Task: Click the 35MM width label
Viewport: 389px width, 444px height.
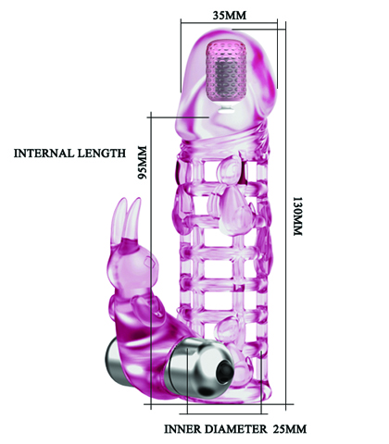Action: coord(230,15)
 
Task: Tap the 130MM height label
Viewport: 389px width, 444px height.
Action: coord(297,216)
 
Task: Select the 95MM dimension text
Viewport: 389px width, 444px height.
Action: coord(142,163)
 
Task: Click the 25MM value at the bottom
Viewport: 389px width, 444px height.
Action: coord(290,429)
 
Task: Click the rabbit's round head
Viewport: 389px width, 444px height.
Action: coord(132,263)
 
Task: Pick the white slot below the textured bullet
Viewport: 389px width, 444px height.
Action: coord(224,112)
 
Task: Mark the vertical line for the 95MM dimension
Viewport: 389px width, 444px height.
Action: coord(151,261)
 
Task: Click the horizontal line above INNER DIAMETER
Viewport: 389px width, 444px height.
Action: coord(224,413)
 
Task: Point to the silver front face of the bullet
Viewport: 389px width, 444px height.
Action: coord(201,368)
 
